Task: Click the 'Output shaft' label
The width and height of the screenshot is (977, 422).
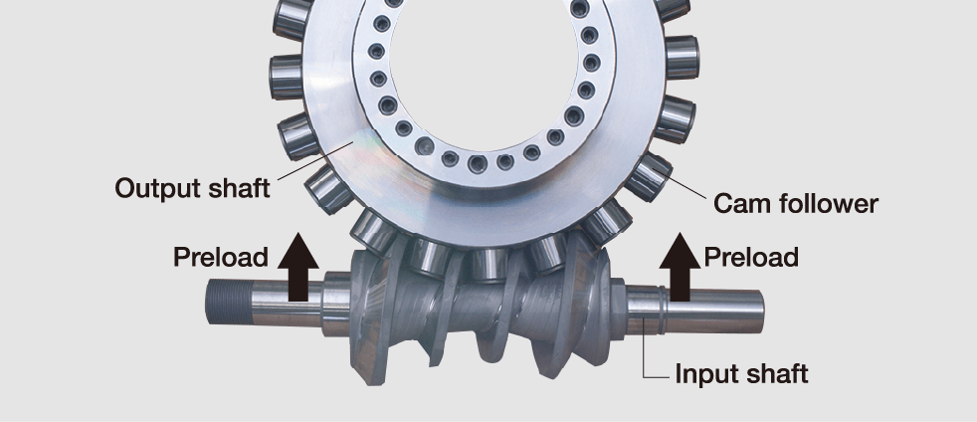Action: pos(192,187)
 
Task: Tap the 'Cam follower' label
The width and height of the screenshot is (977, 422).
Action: pos(796,204)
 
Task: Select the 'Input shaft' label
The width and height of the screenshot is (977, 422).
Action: pos(741,374)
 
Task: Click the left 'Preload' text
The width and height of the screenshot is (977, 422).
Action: pos(221,257)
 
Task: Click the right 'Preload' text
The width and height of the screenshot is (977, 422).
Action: pos(751,257)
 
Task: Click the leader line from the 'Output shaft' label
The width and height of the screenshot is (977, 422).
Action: pos(308,163)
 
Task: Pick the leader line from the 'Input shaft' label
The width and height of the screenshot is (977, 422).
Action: pos(647,353)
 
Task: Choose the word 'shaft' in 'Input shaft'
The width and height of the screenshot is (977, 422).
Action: pos(775,374)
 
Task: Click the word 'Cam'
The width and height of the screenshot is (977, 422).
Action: pos(740,204)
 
